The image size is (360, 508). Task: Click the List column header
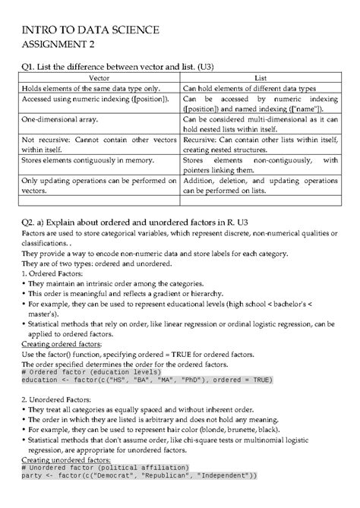tap(260, 77)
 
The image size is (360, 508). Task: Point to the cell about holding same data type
tap(90, 88)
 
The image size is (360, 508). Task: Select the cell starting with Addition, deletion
tap(260, 186)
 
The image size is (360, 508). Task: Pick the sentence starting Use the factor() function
tap(144, 353)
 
